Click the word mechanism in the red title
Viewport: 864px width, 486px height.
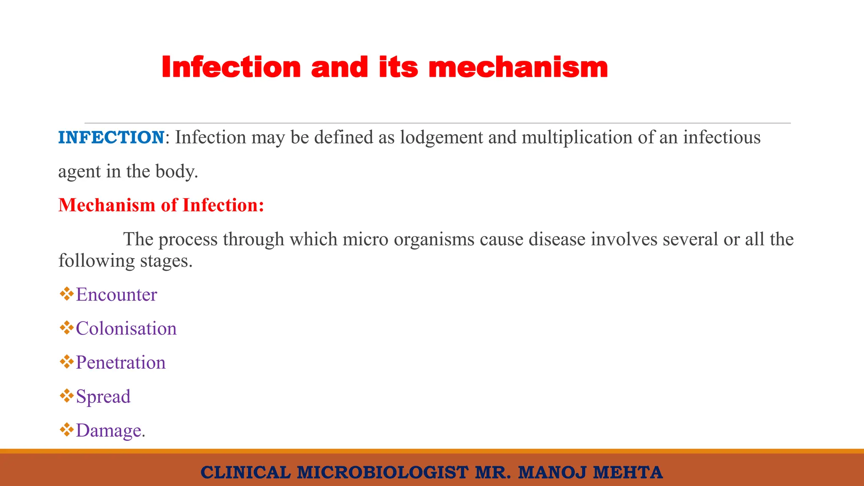click(518, 67)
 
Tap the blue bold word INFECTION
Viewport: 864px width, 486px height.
click(111, 138)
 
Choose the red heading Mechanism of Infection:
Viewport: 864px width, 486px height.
click(161, 205)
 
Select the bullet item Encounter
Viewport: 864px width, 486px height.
click(116, 294)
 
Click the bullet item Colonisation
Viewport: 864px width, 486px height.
click(126, 329)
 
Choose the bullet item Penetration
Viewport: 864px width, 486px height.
click(121, 363)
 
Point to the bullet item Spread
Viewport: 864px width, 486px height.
click(103, 397)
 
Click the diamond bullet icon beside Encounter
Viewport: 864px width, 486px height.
click(67, 294)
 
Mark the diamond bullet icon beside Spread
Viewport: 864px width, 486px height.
click(67, 396)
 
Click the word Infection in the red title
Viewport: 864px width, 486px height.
click(231, 67)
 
